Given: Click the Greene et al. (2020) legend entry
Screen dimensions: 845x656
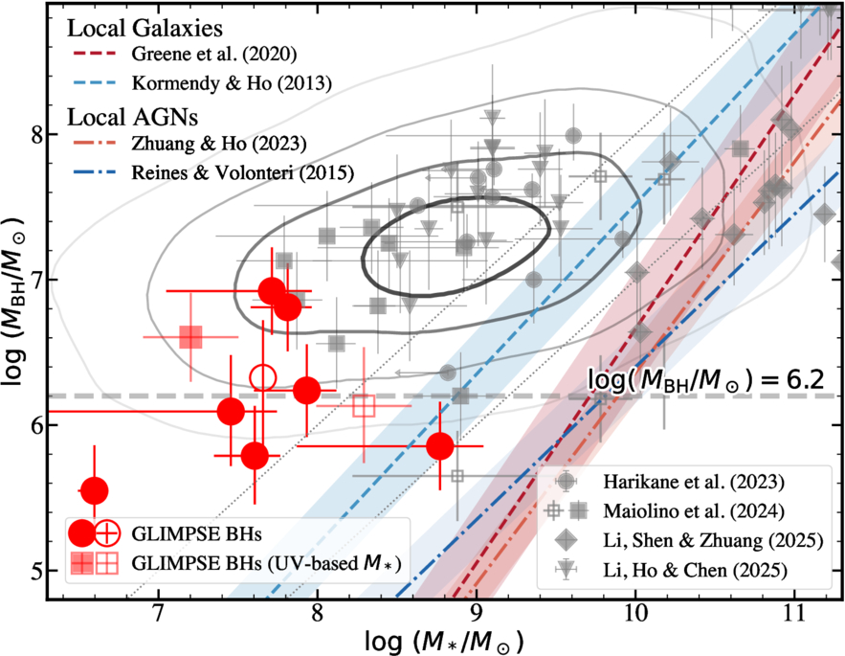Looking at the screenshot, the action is (x=214, y=54).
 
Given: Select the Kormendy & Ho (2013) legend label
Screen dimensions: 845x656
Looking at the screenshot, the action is (x=232, y=83).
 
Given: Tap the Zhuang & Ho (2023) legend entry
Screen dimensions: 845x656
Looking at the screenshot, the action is (x=219, y=144).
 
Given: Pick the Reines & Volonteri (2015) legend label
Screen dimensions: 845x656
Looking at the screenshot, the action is (x=242, y=172).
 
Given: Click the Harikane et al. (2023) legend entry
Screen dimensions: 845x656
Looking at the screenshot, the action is (x=694, y=482).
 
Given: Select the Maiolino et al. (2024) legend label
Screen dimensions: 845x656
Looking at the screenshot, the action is (x=694, y=510).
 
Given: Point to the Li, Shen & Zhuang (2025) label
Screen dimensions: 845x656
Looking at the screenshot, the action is (x=713, y=540).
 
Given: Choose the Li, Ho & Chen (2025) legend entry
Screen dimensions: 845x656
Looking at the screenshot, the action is (x=695, y=570).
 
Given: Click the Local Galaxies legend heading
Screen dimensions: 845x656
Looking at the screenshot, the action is (x=145, y=28).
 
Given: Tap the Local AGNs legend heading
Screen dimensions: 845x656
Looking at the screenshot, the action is (x=132, y=117).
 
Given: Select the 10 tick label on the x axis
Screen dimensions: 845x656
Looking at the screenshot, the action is (x=635, y=613).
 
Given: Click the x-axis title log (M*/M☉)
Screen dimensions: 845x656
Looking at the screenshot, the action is (x=444, y=642).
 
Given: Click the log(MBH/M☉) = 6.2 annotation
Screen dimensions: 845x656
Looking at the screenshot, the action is (x=705, y=379).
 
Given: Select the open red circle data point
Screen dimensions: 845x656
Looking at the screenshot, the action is (x=263, y=377).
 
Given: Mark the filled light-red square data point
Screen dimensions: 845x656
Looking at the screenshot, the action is (x=190, y=337).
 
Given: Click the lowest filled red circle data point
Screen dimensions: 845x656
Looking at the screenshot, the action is (x=95, y=491).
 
